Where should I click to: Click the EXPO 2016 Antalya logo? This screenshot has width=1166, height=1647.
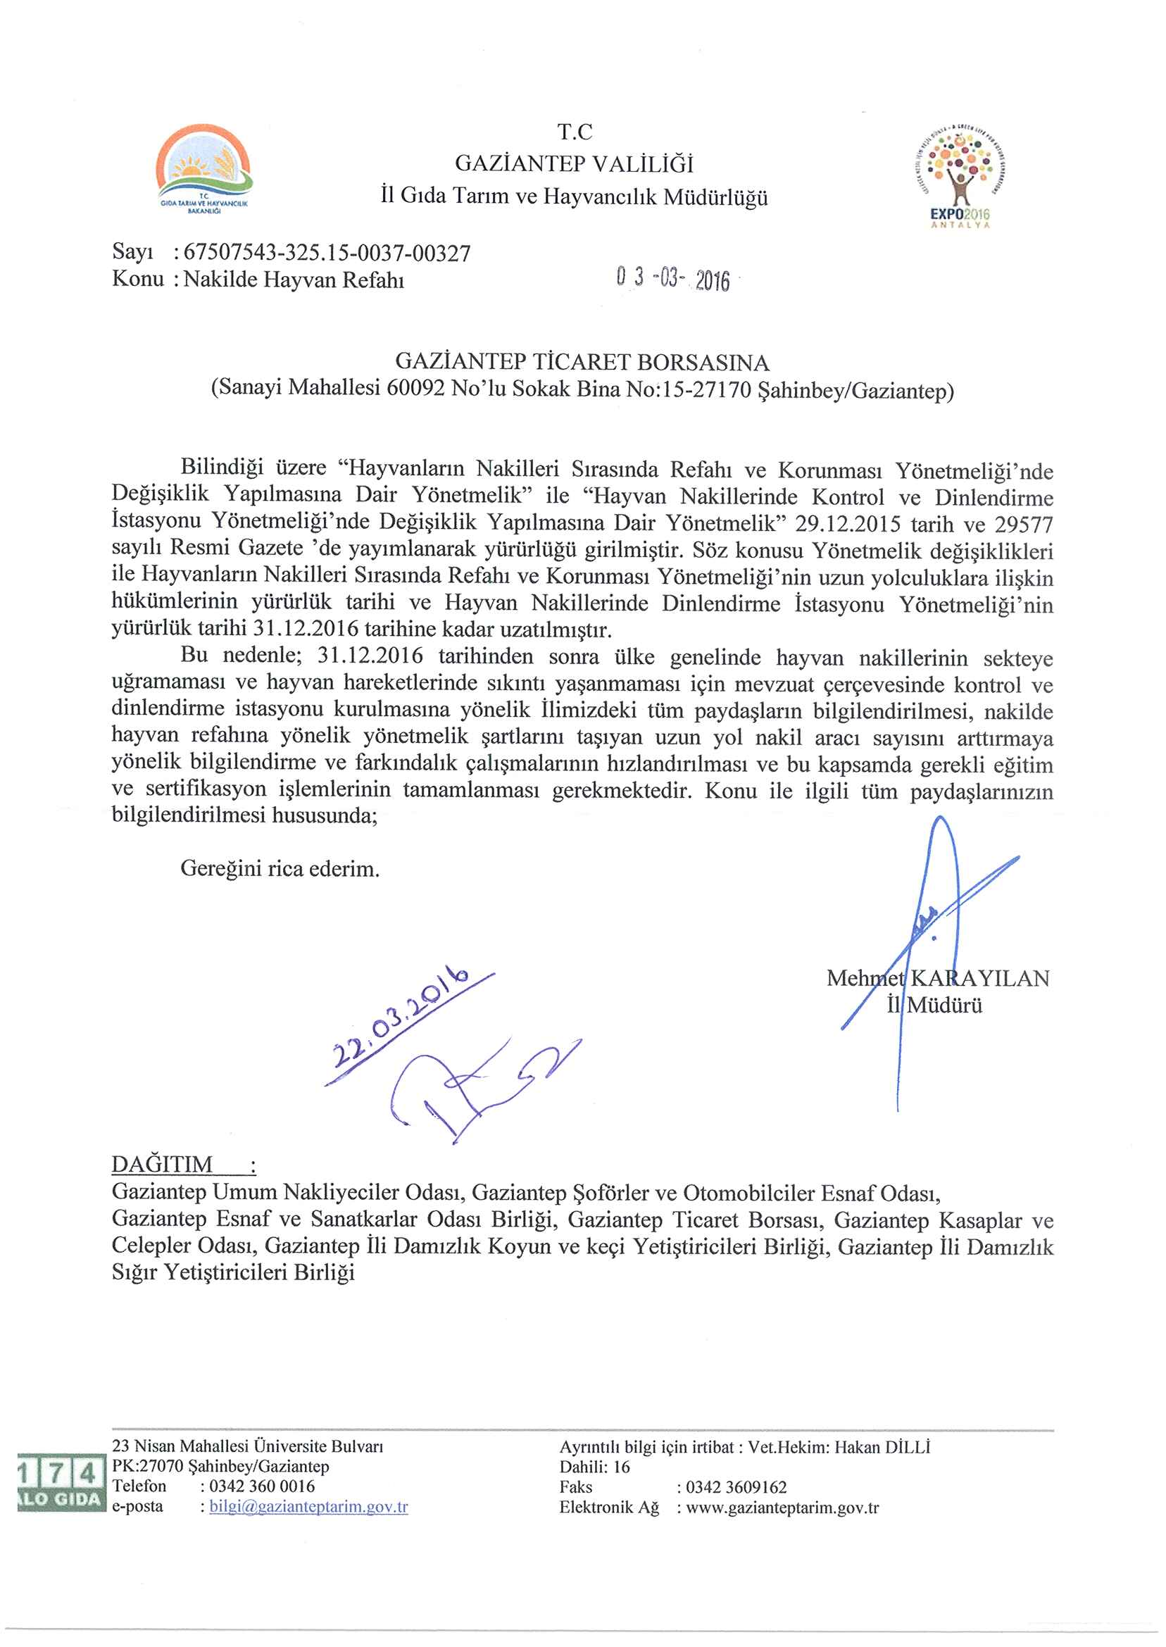point(959,175)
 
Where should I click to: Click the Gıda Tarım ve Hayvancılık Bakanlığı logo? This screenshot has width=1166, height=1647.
point(204,170)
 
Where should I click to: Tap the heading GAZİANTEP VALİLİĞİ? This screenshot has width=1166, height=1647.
point(575,164)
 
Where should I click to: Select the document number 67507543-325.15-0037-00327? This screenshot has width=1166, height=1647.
point(327,253)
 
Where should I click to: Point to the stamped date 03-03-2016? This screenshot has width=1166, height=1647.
point(672,280)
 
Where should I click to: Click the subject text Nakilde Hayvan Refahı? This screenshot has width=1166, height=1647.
point(294,280)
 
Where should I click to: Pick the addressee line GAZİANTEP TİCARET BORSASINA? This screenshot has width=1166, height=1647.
point(582,362)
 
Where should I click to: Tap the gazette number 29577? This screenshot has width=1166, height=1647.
point(1024,524)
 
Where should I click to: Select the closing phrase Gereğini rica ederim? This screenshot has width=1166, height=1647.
point(280,869)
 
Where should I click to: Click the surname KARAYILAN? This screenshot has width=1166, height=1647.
point(980,978)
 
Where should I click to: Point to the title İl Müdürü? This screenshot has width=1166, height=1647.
point(934,1004)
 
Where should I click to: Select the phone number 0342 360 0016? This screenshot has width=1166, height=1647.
point(262,1486)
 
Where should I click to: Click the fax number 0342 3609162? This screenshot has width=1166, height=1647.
point(736,1487)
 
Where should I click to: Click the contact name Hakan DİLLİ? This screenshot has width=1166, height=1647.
point(882,1447)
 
